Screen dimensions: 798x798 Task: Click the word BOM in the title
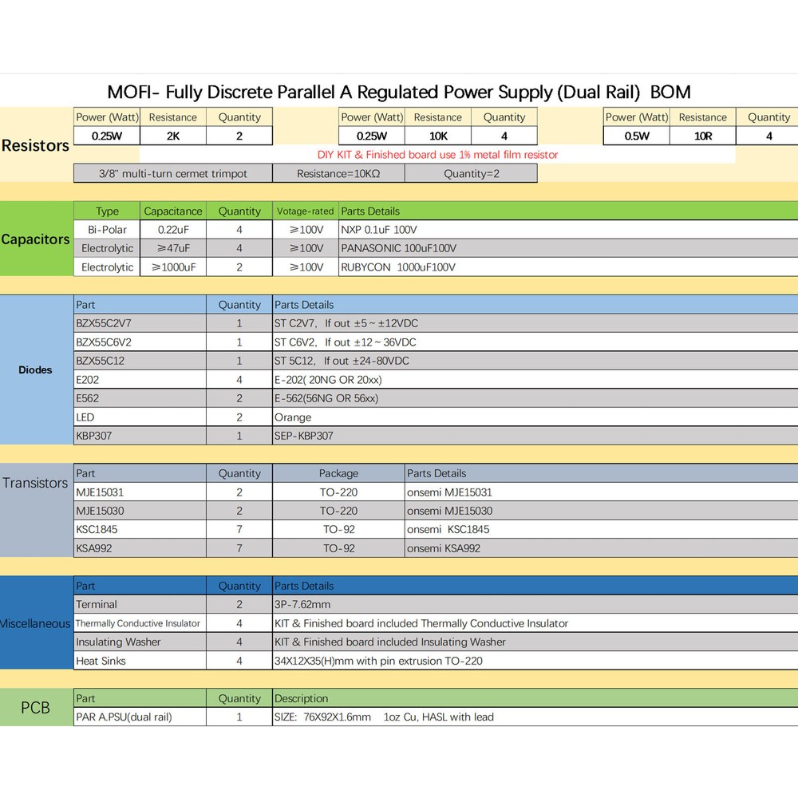(670, 92)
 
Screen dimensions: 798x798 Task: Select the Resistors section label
(35, 145)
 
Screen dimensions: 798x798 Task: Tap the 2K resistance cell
(172, 136)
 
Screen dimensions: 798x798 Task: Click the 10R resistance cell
(702, 136)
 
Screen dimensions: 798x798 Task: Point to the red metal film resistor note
(437, 154)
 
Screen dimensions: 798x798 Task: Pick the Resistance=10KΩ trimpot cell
(338, 173)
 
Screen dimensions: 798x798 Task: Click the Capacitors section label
(35, 239)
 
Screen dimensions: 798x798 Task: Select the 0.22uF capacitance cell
(173, 230)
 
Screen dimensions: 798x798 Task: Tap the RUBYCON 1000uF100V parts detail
(398, 267)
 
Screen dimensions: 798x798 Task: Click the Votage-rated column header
(305, 211)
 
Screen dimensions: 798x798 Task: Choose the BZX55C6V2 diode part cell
(104, 342)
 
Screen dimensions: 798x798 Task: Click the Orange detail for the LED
(293, 417)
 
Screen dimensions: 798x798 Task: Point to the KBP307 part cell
(93, 436)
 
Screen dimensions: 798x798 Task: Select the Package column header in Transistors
(338, 473)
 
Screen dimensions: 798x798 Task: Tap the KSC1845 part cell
(98, 529)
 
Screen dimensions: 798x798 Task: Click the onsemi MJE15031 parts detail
(449, 492)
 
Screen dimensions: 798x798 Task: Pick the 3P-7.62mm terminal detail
(303, 604)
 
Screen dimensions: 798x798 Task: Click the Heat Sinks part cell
(101, 661)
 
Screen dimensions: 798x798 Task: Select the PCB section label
(35, 708)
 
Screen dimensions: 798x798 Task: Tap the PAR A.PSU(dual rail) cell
(124, 717)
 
